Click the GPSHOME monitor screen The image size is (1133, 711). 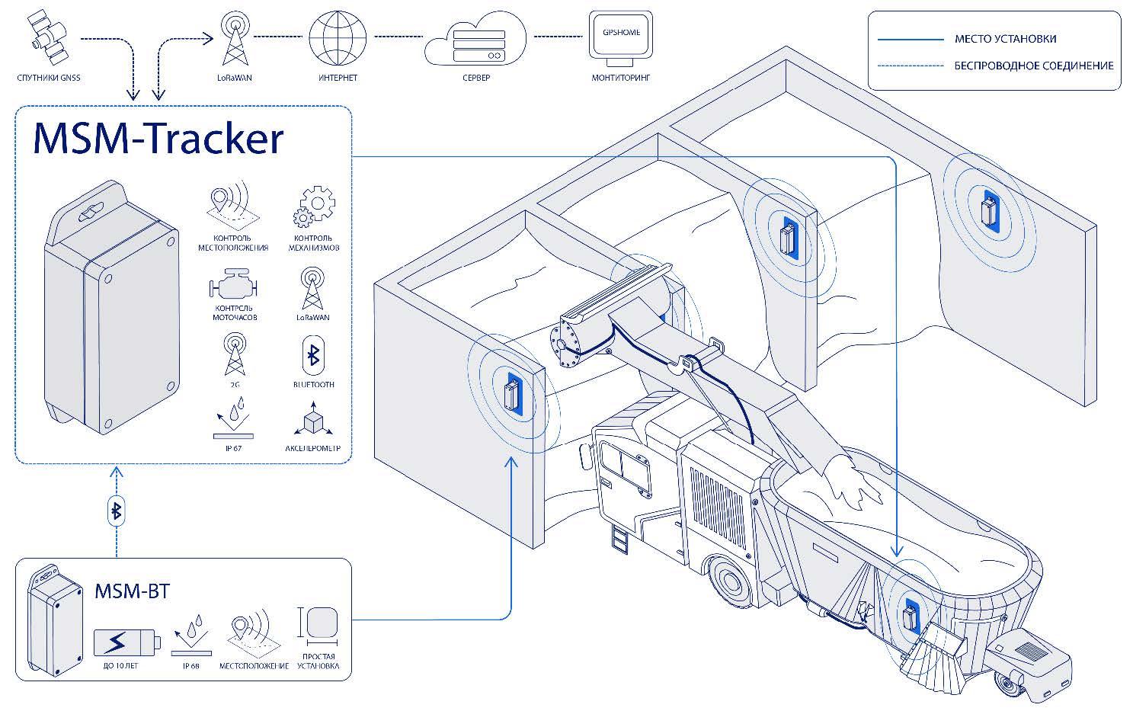(621, 35)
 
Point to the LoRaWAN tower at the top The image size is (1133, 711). (234, 40)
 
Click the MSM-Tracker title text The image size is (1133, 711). (158, 139)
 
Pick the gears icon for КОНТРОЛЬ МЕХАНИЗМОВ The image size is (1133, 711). (314, 207)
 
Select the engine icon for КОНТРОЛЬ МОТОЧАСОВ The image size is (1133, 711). (233, 287)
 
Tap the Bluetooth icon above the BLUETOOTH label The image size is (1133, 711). (312, 355)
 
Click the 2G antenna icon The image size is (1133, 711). (235, 355)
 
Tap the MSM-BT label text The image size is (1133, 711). (132, 591)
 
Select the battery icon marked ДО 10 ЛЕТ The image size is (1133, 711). (126, 642)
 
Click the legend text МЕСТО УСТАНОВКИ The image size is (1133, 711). (1005, 39)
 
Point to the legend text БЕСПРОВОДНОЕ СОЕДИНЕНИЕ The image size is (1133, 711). (1033, 66)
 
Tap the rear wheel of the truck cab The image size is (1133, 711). (727, 581)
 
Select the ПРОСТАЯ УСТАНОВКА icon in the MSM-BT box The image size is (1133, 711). (321, 623)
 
